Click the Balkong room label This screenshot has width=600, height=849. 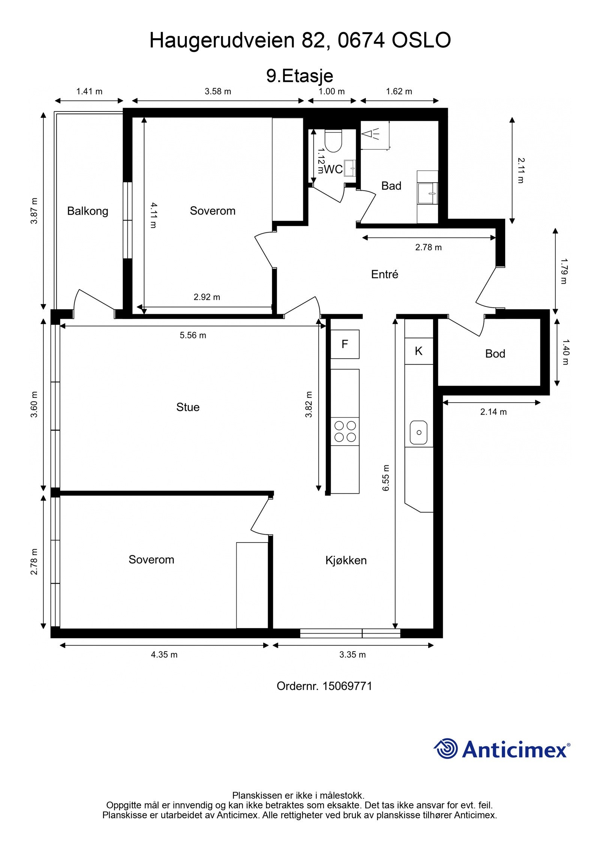click(87, 211)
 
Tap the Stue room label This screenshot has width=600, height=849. click(187, 407)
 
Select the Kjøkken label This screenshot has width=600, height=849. click(346, 560)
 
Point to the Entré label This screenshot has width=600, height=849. click(384, 274)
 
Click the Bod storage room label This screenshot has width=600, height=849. click(495, 353)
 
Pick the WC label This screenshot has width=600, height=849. click(333, 170)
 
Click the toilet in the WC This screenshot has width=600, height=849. click(333, 141)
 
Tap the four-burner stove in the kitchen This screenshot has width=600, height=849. click(345, 431)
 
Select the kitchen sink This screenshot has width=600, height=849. click(418, 432)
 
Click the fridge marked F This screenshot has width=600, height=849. click(345, 344)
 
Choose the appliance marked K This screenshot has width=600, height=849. click(419, 351)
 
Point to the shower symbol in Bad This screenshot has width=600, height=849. click(370, 134)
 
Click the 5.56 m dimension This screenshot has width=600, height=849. click(193, 335)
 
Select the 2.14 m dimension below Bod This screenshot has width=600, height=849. click(493, 412)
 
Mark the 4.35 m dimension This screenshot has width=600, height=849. click(164, 655)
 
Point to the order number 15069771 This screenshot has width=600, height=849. click(347, 686)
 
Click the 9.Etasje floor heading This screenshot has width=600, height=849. click(300, 76)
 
